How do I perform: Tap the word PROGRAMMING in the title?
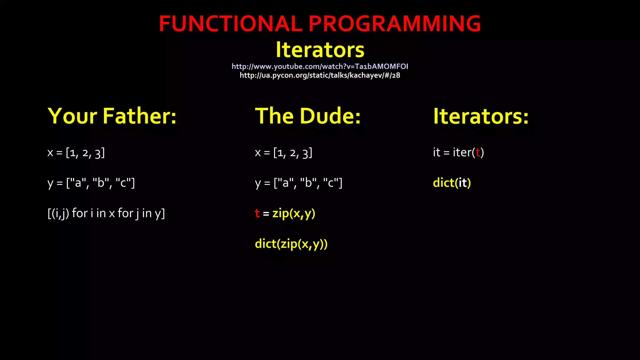tap(394, 24)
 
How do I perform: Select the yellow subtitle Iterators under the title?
tap(320, 50)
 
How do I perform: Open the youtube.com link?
tap(320, 66)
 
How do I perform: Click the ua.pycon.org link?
tap(320, 75)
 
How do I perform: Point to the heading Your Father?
tap(112, 116)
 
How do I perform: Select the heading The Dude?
tap(308, 116)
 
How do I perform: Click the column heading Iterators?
tap(481, 116)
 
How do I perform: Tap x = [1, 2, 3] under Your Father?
tap(76, 153)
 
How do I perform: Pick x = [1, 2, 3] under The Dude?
tap(283, 153)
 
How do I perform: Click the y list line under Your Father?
tap(91, 183)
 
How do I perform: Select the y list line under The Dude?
tap(298, 183)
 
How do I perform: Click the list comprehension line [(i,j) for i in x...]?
tap(106, 213)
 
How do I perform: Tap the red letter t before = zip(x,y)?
tap(257, 213)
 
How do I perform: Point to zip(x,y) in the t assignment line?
tap(294, 213)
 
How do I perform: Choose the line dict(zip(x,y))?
tap(291, 244)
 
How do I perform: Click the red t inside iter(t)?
tap(477, 152)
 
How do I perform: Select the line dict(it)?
tap(452, 183)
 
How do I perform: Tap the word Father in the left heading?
tap(139, 116)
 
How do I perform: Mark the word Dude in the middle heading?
tap(330, 116)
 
